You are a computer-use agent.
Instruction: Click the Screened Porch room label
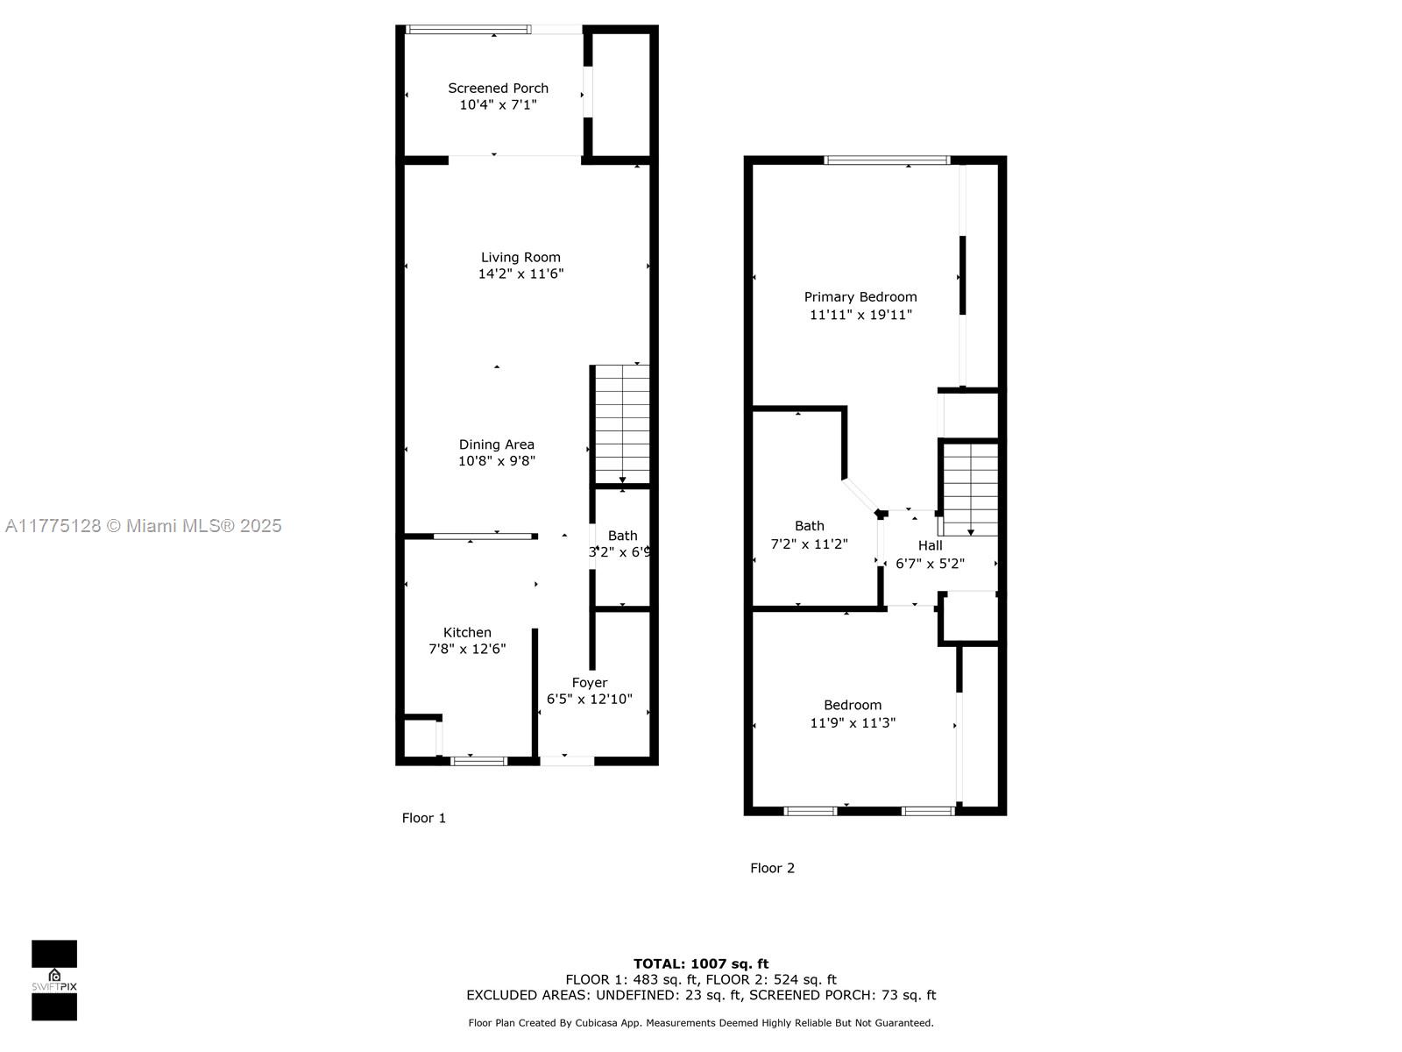click(498, 89)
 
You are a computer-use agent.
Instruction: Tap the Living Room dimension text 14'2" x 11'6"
click(520, 274)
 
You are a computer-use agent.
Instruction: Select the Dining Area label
click(496, 444)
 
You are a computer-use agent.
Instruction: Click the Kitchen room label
click(467, 632)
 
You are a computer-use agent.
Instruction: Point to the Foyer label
click(589, 683)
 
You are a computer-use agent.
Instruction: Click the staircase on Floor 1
click(622, 424)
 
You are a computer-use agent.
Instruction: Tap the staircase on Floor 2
click(970, 489)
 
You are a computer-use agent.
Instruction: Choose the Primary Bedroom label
click(860, 297)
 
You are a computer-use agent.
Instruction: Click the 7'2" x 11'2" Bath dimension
click(810, 544)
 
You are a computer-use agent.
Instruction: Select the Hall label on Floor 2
click(930, 545)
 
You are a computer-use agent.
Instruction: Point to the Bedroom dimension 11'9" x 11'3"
click(853, 723)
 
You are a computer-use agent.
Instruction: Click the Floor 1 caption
click(423, 818)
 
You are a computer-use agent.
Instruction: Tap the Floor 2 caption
click(772, 868)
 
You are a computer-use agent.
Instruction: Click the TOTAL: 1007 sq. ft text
click(701, 963)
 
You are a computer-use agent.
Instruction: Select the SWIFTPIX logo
click(54, 980)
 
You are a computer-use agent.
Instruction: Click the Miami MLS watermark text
click(143, 526)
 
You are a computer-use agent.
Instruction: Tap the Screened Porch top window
click(468, 30)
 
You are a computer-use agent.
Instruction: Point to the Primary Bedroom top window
click(887, 160)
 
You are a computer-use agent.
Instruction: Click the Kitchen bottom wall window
click(478, 761)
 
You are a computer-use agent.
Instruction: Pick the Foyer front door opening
click(567, 761)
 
